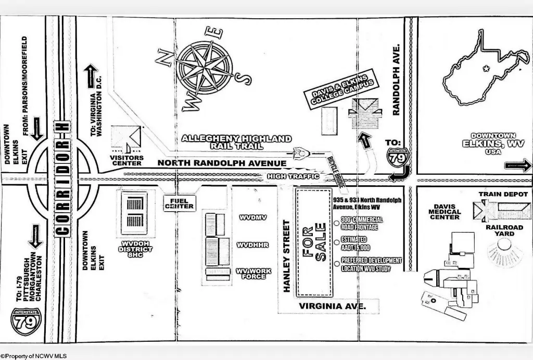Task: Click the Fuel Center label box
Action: click(179, 203)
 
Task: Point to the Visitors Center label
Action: click(126, 160)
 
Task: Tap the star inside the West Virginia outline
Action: click(486, 68)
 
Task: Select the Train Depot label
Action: click(503, 195)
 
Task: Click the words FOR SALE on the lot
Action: click(314, 242)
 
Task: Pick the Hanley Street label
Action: click(286, 255)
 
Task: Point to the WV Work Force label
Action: click(250, 273)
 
